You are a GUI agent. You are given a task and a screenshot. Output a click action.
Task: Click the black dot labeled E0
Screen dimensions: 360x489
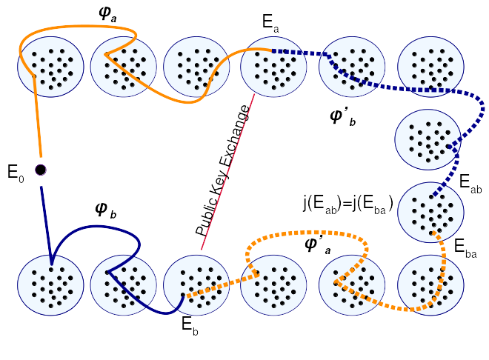coord(41,170)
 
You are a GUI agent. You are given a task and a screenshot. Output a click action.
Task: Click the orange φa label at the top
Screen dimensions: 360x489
coord(107,14)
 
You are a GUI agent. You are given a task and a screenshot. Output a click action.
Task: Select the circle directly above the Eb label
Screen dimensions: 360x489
coord(196,285)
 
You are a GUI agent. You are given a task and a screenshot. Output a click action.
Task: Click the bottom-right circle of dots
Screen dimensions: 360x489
coord(430,285)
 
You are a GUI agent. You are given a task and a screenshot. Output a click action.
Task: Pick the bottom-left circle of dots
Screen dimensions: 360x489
coord(50,285)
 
